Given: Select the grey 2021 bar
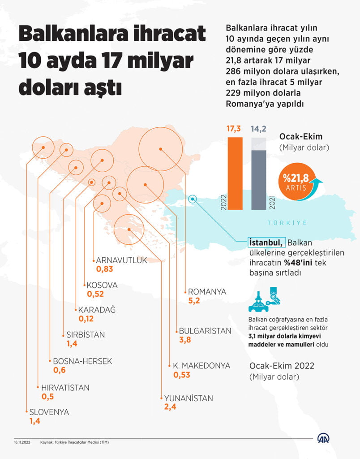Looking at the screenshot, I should (259, 179).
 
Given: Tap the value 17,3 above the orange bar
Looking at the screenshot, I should (234, 129).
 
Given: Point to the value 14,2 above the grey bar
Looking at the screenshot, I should (259, 129).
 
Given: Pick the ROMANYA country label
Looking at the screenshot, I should (207, 292).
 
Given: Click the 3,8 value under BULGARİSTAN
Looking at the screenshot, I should (185, 340).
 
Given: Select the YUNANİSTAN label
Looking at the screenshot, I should (189, 398).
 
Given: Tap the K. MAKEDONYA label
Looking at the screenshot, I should (201, 366).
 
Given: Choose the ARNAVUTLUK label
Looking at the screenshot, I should (121, 260).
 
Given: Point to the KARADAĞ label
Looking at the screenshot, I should (97, 310).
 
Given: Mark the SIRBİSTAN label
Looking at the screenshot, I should (86, 334).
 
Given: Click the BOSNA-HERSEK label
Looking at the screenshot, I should (82, 361).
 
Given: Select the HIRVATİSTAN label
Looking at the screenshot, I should (65, 388).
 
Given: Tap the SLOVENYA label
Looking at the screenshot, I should (49, 412).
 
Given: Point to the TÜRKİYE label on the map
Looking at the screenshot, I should (287, 223).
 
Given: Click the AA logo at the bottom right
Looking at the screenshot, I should (325, 439).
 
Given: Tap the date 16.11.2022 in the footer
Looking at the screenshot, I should (21, 442).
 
